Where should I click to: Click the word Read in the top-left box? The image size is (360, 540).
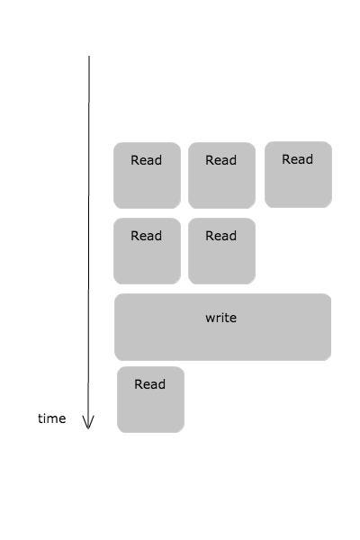pyautogui.click(x=146, y=160)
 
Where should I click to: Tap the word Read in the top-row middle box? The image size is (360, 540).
pyautogui.click(x=220, y=160)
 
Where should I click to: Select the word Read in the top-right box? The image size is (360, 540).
pyautogui.click(x=297, y=159)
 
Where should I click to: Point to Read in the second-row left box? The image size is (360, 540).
pyautogui.click(x=146, y=236)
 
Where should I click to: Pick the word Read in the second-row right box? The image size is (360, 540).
pyautogui.click(x=220, y=236)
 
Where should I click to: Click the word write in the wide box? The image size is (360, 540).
pyautogui.click(x=220, y=318)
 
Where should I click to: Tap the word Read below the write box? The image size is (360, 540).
pyautogui.click(x=150, y=384)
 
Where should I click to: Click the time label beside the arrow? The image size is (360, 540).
pyautogui.click(x=51, y=418)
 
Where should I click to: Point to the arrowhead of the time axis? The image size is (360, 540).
pyautogui.click(x=88, y=428)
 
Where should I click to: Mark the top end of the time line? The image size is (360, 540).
pyautogui.click(x=89, y=56)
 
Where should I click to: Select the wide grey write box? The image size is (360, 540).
pyautogui.click(x=222, y=328)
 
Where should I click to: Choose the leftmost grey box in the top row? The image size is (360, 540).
pyautogui.click(x=147, y=175)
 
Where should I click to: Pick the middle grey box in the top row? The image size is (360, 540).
pyautogui.click(x=222, y=175)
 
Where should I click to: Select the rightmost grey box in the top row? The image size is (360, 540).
pyautogui.click(x=298, y=175)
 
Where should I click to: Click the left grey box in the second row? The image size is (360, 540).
pyautogui.click(x=147, y=251)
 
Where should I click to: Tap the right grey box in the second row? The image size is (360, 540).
pyautogui.click(x=222, y=251)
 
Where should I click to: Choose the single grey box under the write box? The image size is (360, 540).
pyautogui.click(x=150, y=400)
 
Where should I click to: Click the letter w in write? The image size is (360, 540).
pyautogui.click(x=210, y=319)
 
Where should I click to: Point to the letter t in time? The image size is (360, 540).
pyautogui.click(x=40, y=418)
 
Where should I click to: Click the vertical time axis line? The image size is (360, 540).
pyautogui.click(x=89, y=242)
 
